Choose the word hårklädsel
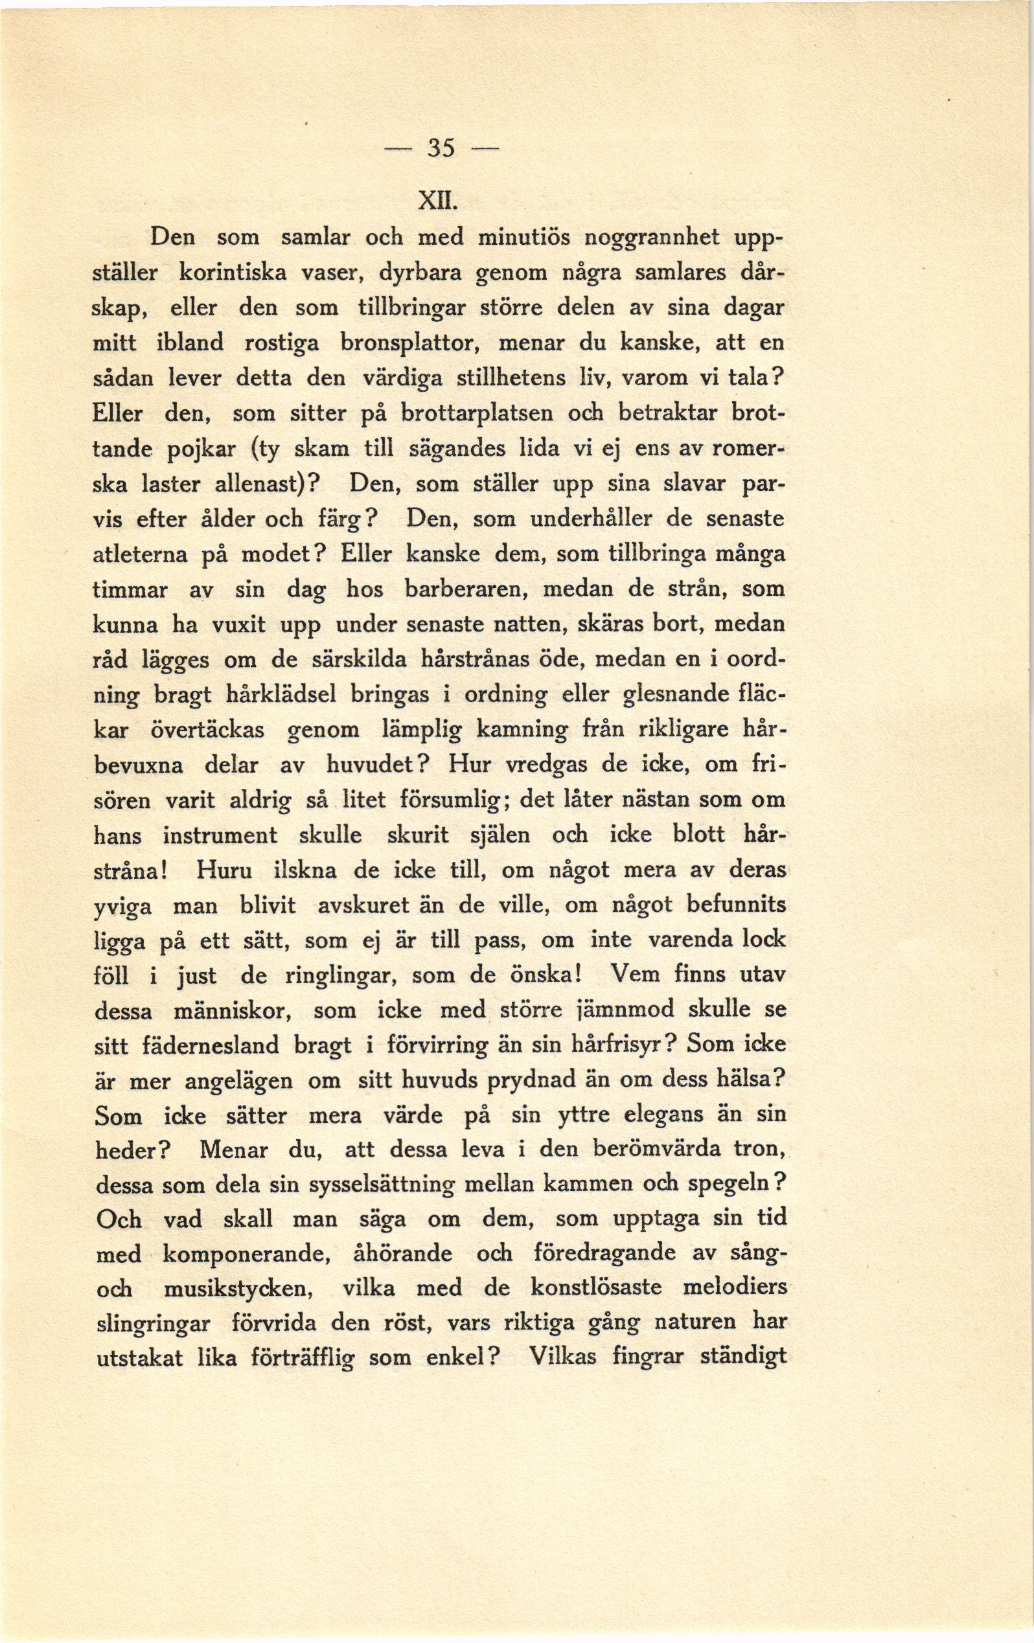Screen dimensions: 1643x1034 click(x=281, y=696)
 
